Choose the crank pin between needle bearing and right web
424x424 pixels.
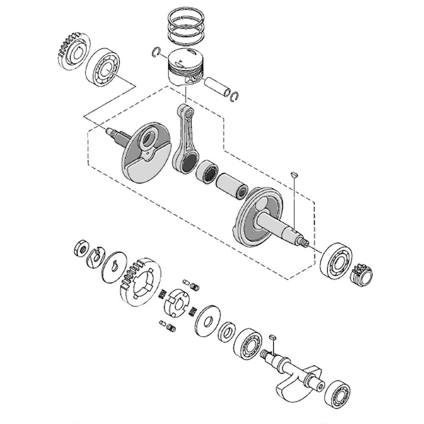231,186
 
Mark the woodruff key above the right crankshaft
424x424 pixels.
293,173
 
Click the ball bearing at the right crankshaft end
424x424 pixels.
336,260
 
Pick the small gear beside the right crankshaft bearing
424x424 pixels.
362,275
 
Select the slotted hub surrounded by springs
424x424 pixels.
176,302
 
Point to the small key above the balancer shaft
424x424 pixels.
273,337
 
